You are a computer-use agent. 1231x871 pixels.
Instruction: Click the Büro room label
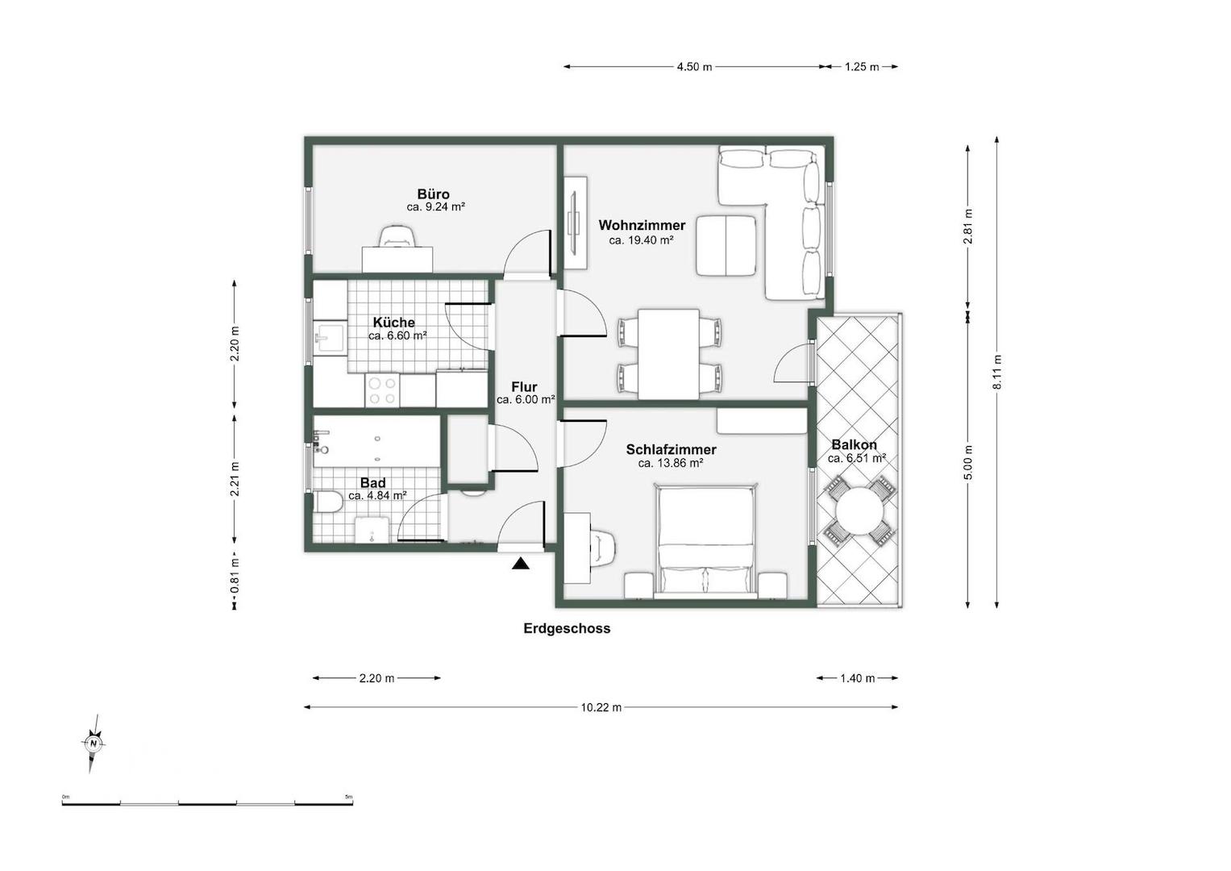point(433,194)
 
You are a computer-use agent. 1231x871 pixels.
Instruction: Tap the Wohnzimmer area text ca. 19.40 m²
point(642,240)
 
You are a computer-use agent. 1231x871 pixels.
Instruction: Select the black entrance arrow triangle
point(521,564)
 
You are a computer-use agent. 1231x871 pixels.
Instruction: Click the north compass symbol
point(94,744)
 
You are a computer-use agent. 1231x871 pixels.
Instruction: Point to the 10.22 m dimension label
point(601,708)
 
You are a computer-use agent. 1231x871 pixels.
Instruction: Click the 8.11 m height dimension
point(997,373)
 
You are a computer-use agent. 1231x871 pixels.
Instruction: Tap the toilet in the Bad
point(327,502)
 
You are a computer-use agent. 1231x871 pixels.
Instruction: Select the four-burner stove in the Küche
point(382,390)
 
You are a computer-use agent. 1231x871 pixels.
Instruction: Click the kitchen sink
point(329,336)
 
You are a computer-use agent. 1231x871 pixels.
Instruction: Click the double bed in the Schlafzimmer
point(705,541)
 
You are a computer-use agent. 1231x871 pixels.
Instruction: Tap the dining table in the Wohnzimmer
point(669,354)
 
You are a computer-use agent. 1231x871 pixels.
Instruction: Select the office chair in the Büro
point(397,236)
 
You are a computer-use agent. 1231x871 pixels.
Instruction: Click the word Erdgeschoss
point(567,628)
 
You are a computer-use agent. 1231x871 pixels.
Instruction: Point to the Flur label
point(524,386)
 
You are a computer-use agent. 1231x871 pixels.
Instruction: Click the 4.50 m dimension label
point(694,67)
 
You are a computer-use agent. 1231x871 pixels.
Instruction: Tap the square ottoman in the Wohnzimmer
point(726,245)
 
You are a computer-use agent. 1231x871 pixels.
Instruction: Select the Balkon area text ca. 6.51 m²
point(857,459)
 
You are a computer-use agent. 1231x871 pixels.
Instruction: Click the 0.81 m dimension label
point(235,575)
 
